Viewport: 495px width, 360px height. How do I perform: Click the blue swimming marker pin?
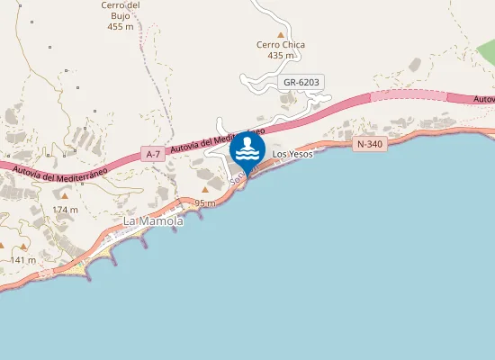(247, 149)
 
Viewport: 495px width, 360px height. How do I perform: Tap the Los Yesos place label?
(292, 155)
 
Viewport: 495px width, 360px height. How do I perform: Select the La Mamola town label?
(153, 220)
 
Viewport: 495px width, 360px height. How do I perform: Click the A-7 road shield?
(153, 155)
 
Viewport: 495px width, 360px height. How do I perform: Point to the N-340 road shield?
(371, 144)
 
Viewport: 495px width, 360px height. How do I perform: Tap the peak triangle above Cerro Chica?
(280, 34)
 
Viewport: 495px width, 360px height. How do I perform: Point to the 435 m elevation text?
(281, 56)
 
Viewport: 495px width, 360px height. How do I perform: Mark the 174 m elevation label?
(65, 209)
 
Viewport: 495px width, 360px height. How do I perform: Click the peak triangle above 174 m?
(65, 194)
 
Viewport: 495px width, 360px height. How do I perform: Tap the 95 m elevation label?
(205, 203)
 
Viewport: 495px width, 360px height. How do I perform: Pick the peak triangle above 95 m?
(205, 190)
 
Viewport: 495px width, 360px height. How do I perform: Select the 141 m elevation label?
(22, 259)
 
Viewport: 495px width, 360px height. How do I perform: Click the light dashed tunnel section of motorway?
(409, 94)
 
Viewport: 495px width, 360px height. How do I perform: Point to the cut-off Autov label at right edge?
(483, 99)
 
